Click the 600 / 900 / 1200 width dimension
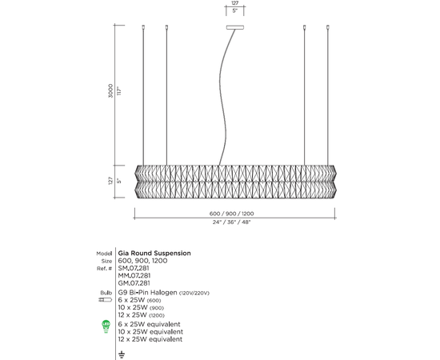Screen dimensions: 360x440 click(236, 214)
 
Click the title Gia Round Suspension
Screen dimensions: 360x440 click(154, 253)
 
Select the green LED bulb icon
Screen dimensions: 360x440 click(106, 325)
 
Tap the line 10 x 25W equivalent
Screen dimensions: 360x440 click(150, 332)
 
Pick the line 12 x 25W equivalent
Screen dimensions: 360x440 click(150, 339)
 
